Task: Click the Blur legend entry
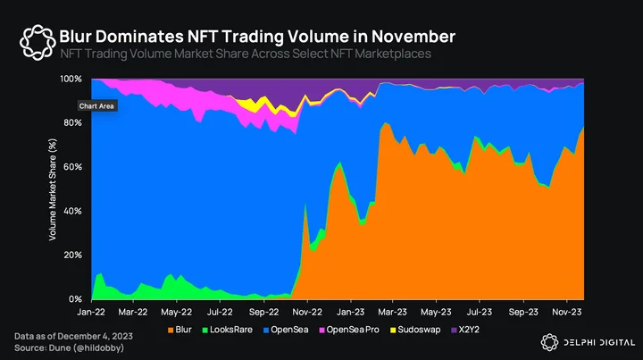180,330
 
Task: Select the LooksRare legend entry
227,330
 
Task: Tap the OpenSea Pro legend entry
349,330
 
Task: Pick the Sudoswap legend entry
415,330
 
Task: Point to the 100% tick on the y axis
71,79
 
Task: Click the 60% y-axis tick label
72,167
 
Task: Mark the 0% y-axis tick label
75,299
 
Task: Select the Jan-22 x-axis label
91,312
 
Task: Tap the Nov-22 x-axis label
307,312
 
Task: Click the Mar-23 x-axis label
392,312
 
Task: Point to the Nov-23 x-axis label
567,312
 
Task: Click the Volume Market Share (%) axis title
53,189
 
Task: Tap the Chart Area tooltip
96,106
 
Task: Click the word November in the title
413,37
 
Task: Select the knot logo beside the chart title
38,42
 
